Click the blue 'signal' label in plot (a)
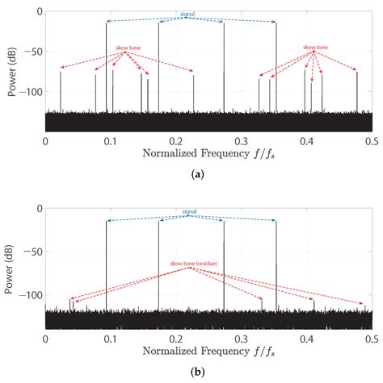click(188, 15)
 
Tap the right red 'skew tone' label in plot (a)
click(316, 48)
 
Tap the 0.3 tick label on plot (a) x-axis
click(241, 139)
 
